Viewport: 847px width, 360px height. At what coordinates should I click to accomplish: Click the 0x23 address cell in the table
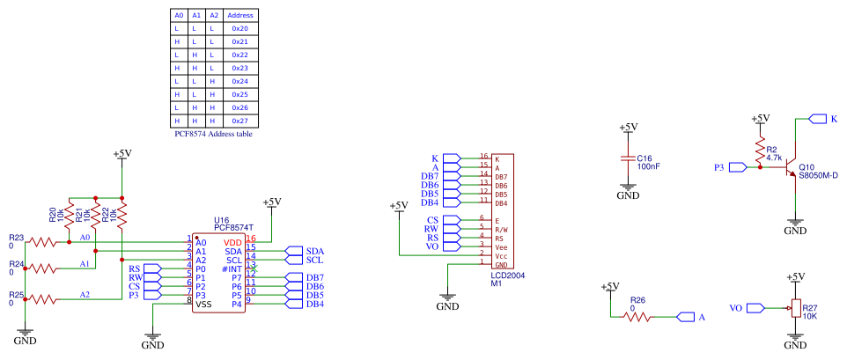pos(239,68)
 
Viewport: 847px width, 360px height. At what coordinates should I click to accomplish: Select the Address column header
pos(239,15)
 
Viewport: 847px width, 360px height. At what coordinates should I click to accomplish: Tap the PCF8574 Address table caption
pos(214,134)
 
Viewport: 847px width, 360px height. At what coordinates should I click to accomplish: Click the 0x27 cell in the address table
pos(239,121)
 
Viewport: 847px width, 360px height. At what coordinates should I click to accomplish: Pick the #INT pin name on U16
pos(232,268)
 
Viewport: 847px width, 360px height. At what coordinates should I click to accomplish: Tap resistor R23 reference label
pos(17,238)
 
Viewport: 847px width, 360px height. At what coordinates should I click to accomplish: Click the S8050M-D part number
pos(818,175)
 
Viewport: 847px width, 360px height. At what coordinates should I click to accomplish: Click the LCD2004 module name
pos(509,275)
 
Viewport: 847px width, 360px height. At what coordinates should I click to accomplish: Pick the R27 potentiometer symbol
pos(795,308)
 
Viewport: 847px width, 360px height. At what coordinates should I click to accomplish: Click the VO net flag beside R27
pos(740,308)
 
